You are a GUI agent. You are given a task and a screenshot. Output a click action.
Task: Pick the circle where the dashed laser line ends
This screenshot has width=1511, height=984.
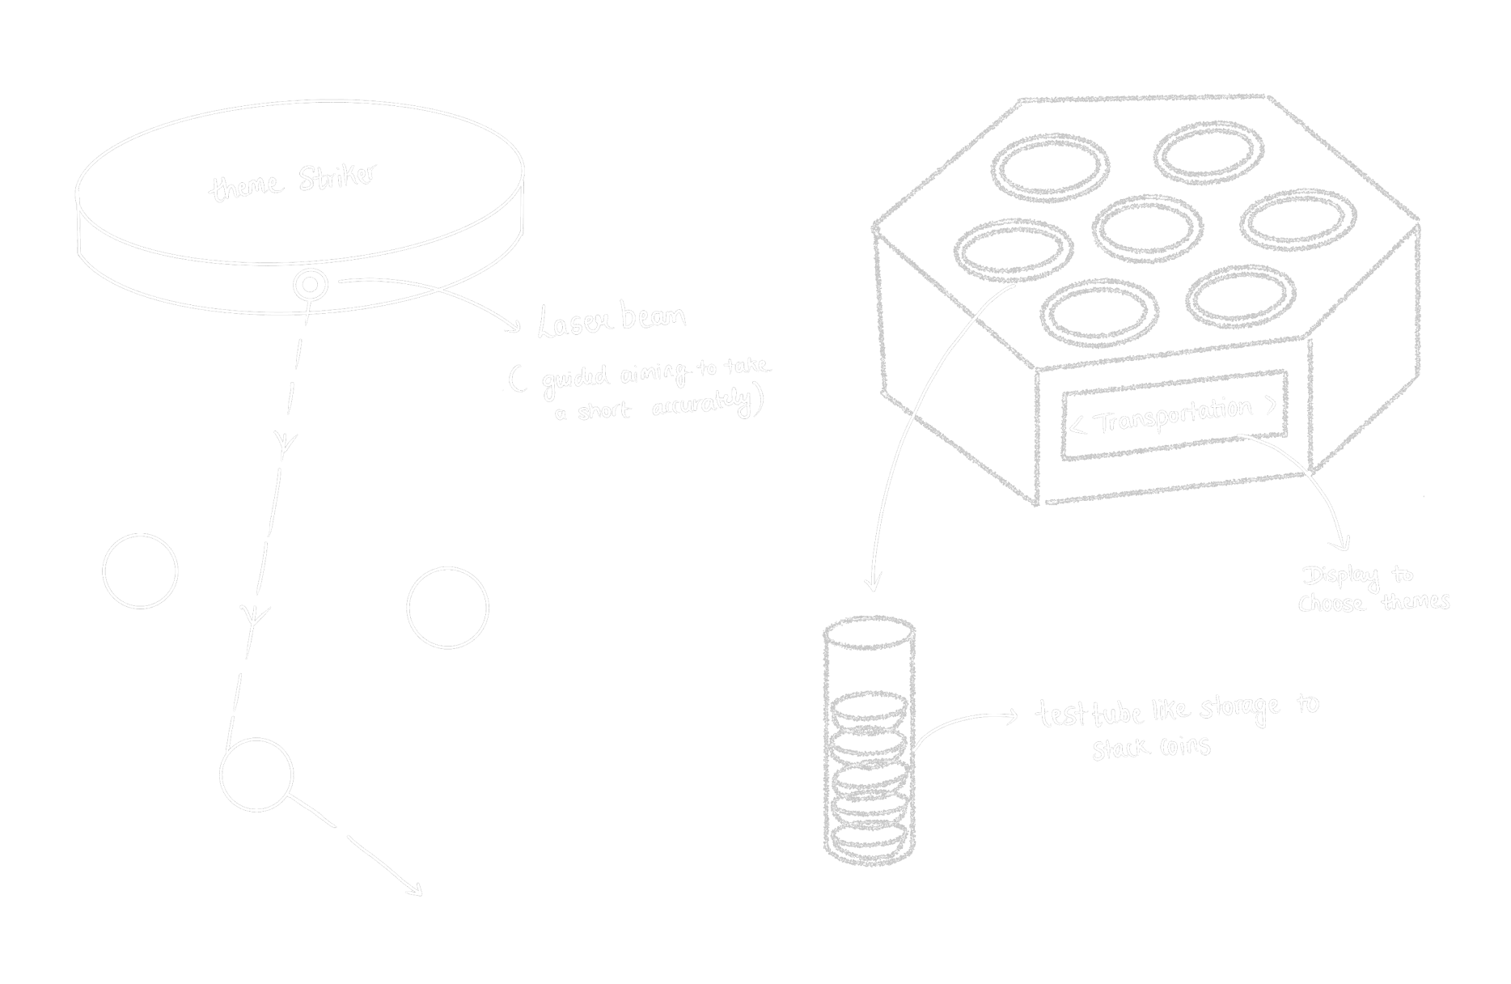point(256,774)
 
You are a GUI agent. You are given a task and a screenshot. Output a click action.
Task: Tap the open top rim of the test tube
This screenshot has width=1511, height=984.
point(869,633)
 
